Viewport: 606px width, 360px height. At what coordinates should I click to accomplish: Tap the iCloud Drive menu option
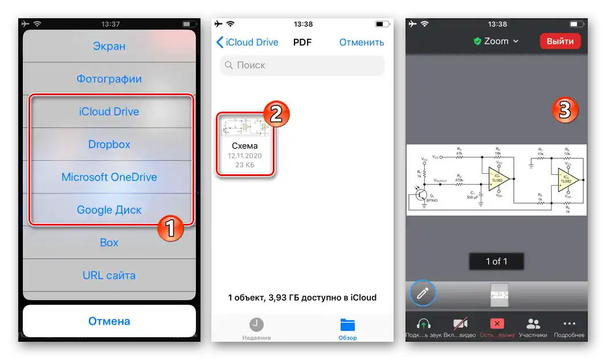pyautogui.click(x=109, y=112)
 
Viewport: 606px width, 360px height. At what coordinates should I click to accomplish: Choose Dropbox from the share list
pyautogui.click(x=109, y=144)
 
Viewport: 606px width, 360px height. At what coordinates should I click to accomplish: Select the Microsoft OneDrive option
pyautogui.click(x=109, y=177)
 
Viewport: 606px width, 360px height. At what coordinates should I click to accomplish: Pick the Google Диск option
pyautogui.click(x=109, y=210)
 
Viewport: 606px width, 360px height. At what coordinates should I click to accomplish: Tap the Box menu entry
pyautogui.click(x=109, y=243)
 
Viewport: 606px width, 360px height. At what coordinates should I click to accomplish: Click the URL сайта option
pyautogui.click(x=109, y=276)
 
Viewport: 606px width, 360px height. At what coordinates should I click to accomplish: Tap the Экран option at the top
pyautogui.click(x=109, y=46)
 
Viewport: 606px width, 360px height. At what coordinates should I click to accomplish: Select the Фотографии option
pyautogui.click(x=109, y=79)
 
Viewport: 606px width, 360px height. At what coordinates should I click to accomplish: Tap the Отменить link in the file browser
pyautogui.click(x=361, y=42)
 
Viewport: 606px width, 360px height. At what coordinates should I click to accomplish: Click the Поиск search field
pyautogui.click(x=302, y=66)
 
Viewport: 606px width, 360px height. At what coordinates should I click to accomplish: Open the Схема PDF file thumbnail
pyautogui.click(x=244, y=144)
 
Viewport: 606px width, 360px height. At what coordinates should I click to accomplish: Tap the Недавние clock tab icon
pyautogui.click(x=256, y=325)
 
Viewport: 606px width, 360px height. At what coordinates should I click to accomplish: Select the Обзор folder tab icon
pyautogui.click(x=347, y=325)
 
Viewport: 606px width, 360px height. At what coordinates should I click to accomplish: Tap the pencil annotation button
pyautogui.click(x=423, y=293)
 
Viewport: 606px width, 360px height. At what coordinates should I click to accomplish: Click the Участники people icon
pyautogui.click(x=533, y=324)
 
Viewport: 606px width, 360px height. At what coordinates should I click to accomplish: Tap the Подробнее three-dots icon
pyautogui.click(x=569, y=324)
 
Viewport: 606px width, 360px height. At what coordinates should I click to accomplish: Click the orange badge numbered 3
pyautogui.click(x=564, y=111)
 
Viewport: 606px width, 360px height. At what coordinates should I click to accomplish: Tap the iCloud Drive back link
pyautogui.click(x=247, y=42)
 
